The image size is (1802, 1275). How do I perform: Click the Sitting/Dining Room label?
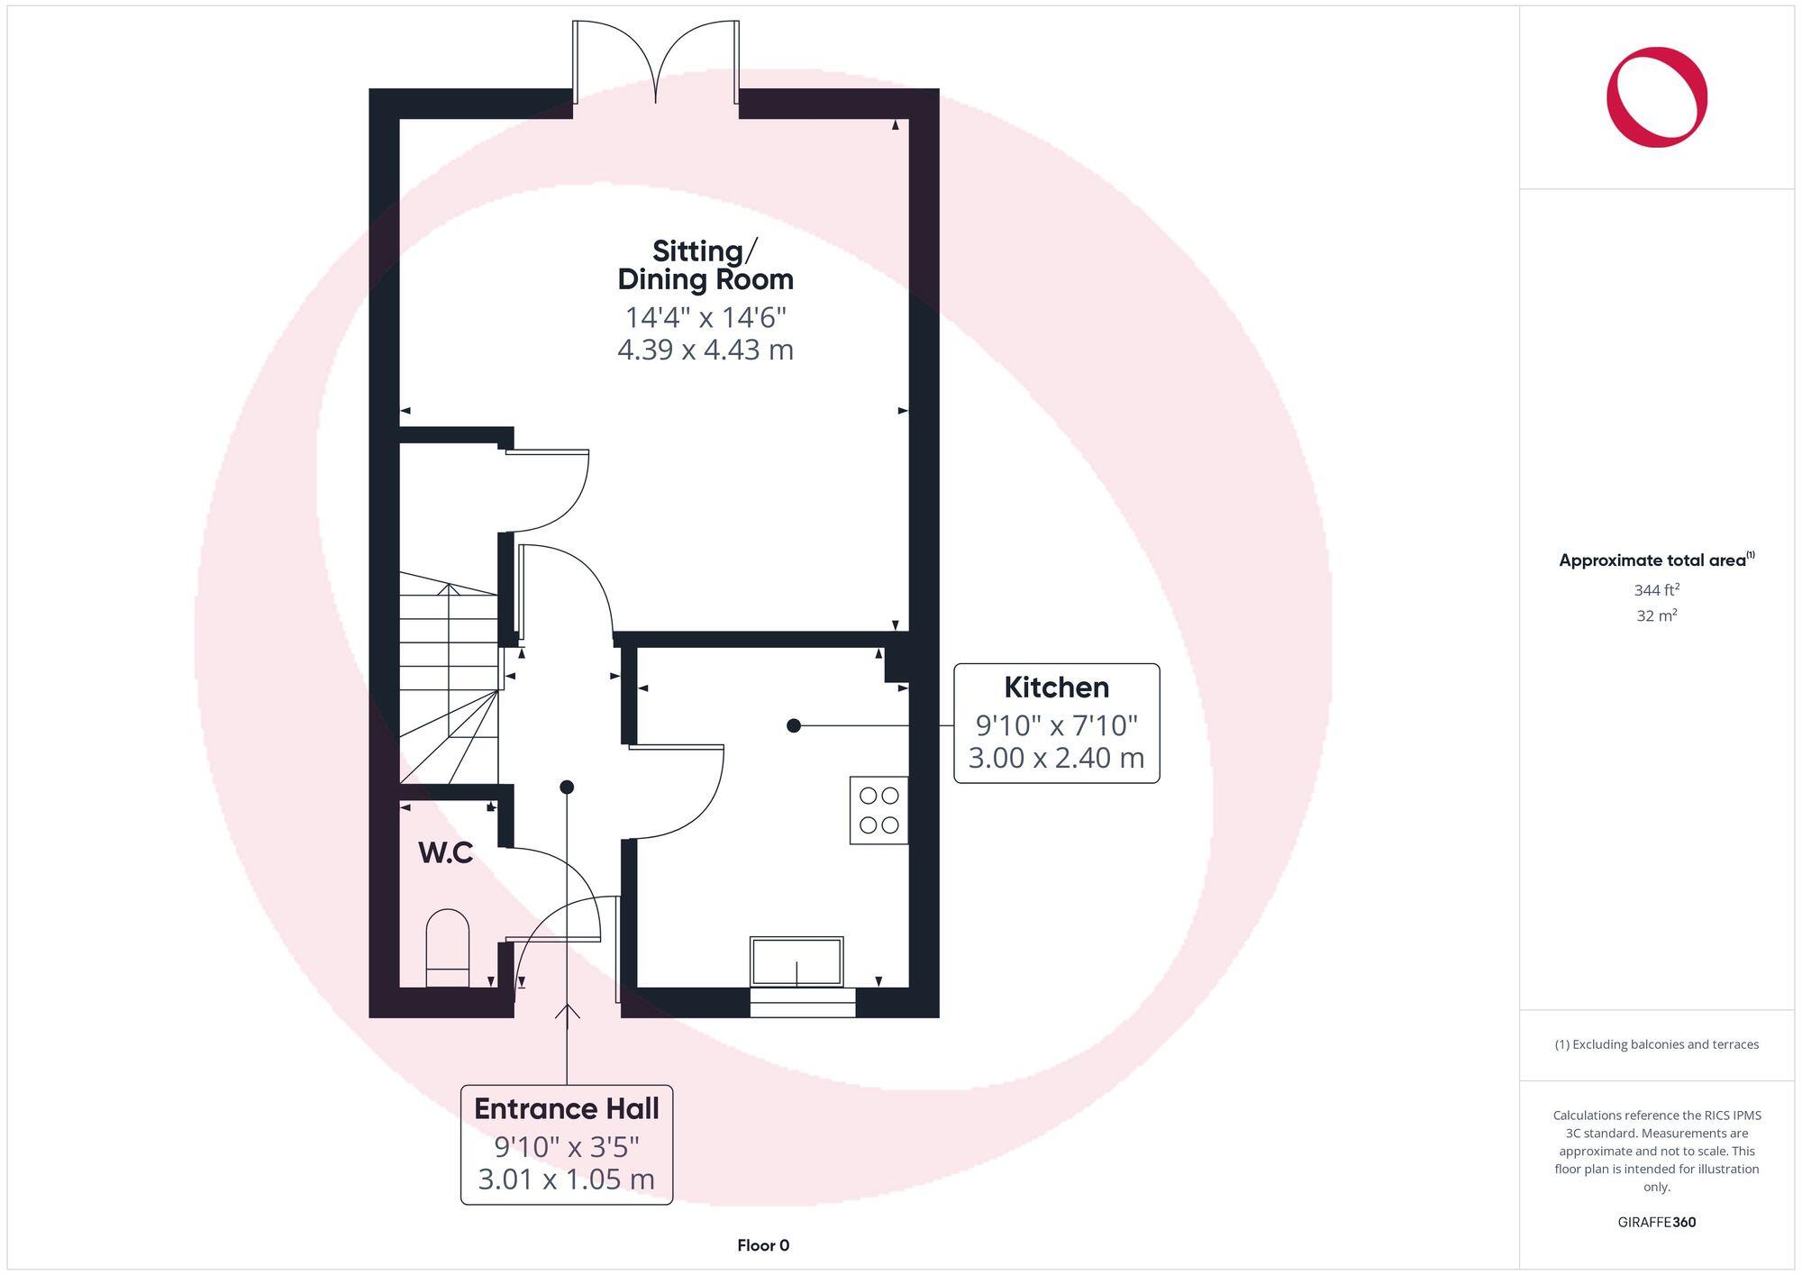click(x=705, y=265)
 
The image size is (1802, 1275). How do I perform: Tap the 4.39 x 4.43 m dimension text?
click(x=705, y=350)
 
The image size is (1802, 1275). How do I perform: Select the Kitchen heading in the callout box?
click(x=1056, y=688)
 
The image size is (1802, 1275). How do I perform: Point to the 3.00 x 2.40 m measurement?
click(x=1056, y=758)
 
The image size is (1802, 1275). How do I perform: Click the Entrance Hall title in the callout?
click(x=566, y=1108)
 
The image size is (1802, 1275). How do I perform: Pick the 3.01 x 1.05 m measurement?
click(x=566, y=1179)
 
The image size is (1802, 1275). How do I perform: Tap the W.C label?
click(x=445, y=852)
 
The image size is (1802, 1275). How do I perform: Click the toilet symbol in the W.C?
click(x=447, y=948)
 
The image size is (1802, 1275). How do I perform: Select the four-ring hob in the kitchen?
click(x=878, y=810)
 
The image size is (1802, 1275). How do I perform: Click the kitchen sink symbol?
click(x=796, y=961)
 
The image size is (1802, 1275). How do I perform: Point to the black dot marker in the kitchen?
click(x=793, y=725)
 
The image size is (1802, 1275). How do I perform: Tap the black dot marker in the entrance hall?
click(x=567, y=788)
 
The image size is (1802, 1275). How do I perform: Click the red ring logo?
click(x=1656, y=97)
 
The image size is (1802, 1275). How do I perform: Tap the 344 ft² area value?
click(x=1656, y=590)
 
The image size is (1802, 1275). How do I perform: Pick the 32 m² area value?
click(x=1656, y=616)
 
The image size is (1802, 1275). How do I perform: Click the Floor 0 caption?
click(x=762, y=1245)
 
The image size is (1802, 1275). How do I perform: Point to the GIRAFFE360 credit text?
click(x=1656, y=1223)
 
